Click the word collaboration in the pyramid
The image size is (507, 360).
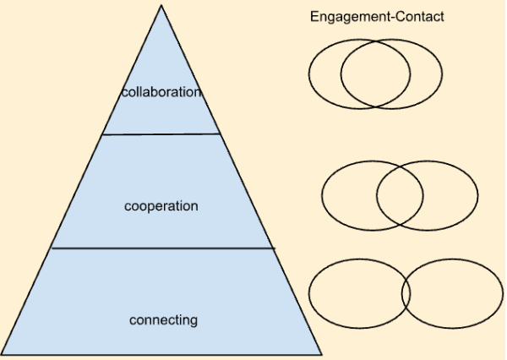click(161, 92)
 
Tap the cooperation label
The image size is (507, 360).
click(161, 206)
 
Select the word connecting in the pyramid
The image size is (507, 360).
click(163, 320)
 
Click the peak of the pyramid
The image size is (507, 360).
click(161, 6)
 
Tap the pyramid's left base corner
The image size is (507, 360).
click(3, 353)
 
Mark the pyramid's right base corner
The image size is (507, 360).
click(321, 353)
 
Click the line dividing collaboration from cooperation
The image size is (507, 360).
click(161, 134)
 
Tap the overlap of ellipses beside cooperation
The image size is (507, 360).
click(400, 195)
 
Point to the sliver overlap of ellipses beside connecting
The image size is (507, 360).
click(407, 294)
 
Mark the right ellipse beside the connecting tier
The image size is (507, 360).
click(456, 294)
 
